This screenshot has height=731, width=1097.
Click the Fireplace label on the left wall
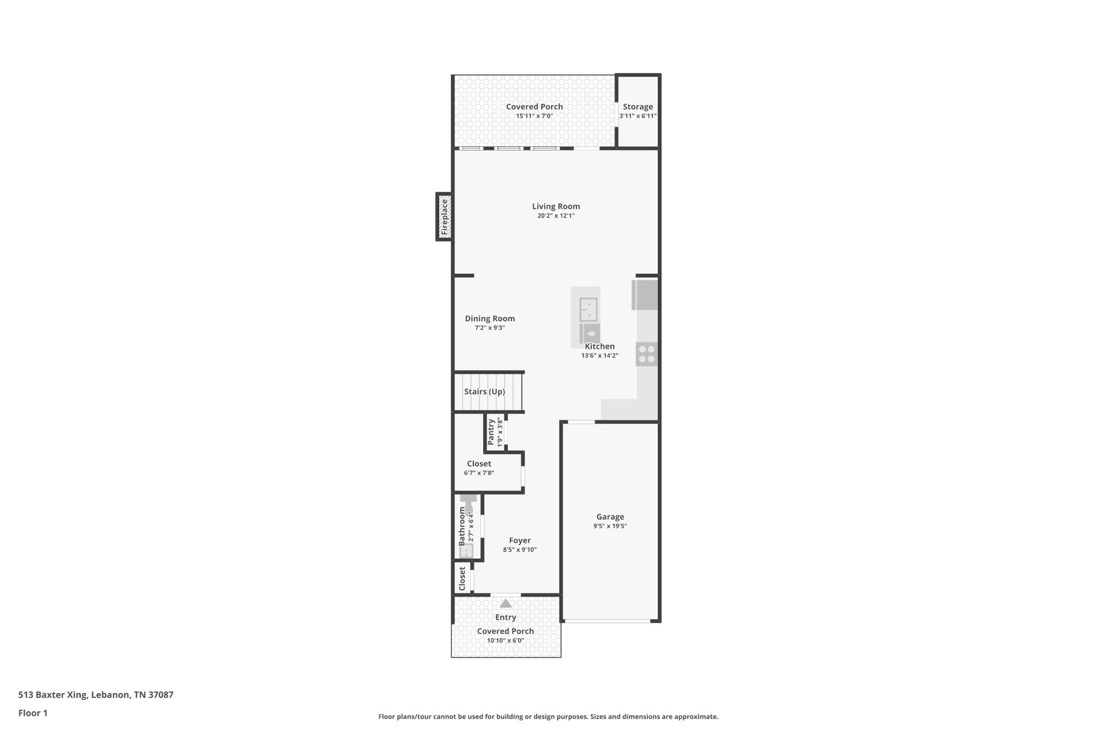(x=444, y=217)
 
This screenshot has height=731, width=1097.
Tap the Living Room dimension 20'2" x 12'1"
(x=556, y=216)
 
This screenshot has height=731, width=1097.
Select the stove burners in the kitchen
(x=647, y=354)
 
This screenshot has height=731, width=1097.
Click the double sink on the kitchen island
(x=588, y=310)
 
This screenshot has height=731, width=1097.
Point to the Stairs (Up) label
(x=484, y=391)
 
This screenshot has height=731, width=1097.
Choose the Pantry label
(x=491, y=432)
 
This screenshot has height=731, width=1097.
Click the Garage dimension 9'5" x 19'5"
(x=610, y=526)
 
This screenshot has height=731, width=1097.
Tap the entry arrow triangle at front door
(x=505, y=604)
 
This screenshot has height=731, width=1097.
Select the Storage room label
(x=637, y=107)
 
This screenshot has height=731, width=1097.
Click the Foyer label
(x=520, y=540)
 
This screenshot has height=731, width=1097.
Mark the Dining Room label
(x=490, y=318)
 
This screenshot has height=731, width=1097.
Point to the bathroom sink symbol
(x=467, y=551)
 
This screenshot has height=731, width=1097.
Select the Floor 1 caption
(x=33, y=713)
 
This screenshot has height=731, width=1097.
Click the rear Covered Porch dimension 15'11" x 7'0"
(x=534, y=116)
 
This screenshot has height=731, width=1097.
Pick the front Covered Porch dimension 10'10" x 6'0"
(x=505, y=640)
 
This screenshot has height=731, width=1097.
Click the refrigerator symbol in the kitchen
(x=645, y=295)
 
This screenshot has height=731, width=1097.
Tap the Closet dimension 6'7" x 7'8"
(x=479, y=473)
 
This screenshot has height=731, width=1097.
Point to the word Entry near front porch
(x=505, y=617)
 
